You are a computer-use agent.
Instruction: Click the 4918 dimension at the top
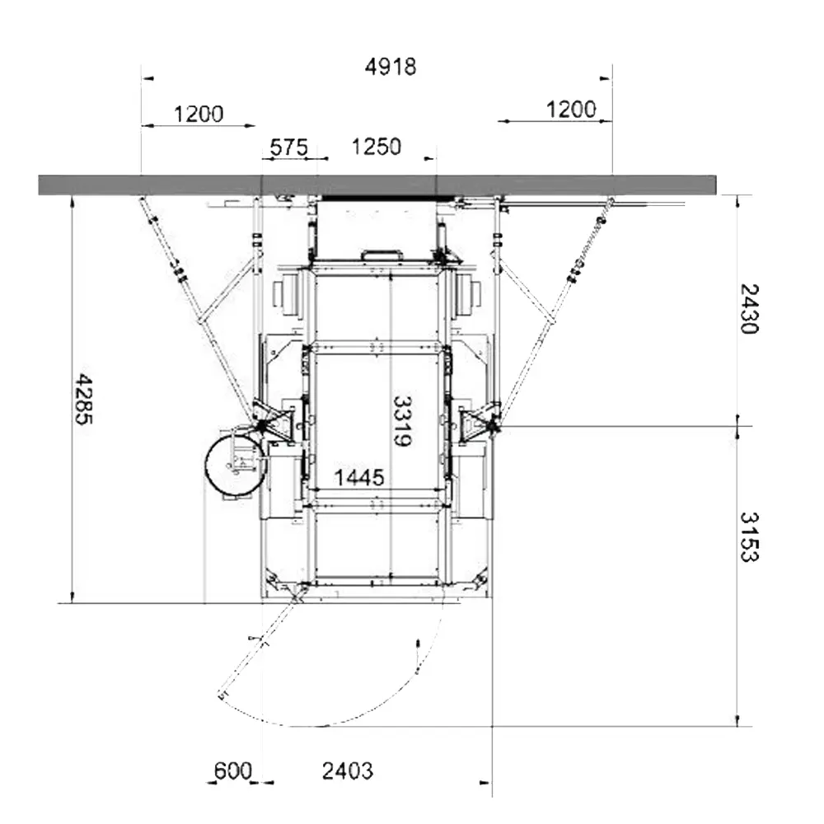(391, 67)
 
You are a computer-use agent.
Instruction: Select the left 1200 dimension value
(199, 114)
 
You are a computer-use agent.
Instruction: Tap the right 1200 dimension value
(571, 110)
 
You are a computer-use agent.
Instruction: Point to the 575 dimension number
(288, 147)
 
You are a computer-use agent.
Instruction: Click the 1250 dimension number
(377, 147)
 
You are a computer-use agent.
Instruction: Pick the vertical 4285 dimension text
(84, 400)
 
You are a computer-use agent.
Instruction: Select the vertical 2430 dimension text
(749, 309)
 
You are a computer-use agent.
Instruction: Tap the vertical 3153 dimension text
(749, 537)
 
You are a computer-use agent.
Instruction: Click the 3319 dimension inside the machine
(402, 421)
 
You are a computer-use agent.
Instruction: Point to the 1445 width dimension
(359, 478)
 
